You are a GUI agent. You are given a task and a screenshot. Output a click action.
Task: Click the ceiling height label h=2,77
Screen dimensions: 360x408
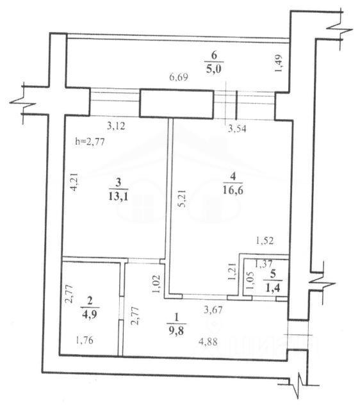pyautogui.click(x=90, y=142)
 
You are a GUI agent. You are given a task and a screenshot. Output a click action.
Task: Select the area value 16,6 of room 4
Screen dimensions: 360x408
pyautogui.click(x=233, y=190)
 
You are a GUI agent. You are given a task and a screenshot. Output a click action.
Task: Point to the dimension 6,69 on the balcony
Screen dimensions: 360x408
pyautogui.click(x=179, y=78)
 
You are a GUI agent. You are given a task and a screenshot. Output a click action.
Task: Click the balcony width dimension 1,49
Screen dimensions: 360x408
pyautogui.click(x=278, y=63)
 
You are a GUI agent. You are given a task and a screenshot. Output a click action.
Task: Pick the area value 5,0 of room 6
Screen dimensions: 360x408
pyautogui.click(x=214, y=70)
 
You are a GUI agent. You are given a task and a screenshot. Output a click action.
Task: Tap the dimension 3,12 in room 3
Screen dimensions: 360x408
pyautogui.click(x=117, y=126)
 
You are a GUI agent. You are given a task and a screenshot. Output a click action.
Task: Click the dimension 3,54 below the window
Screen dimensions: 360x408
pyautogui.click(x=237, y=129)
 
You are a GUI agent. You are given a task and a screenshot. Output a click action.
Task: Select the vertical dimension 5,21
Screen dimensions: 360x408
pyautogui.click(x=183, y=199)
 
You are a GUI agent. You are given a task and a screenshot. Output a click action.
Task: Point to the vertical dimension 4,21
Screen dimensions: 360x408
pyautogui.click(x=74, y=182)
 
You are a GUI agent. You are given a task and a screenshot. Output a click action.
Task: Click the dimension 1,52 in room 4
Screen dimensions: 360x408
pyautogui.click(x=265, y=241)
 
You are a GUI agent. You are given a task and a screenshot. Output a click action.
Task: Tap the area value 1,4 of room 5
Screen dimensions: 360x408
pyautogui.click(x=272, y=288)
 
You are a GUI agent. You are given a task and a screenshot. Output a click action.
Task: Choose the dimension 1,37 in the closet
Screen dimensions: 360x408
pyautogui.click(x=263, y=264)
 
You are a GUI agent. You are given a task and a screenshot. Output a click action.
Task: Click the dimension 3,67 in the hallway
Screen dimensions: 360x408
pyautogui.click(x=213, y=310)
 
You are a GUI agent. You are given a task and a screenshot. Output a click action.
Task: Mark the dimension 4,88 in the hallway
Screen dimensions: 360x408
pyautogui.click(x=208, y=341)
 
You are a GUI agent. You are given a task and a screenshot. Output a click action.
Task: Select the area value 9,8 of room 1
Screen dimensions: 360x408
pyautogui.click(x=176, y=331)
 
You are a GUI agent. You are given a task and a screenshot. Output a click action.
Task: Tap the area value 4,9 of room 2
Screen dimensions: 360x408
pyautogui.click(x=90, y=314)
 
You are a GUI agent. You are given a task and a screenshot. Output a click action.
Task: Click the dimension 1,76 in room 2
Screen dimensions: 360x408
pyautogui.click(x=85, y=340)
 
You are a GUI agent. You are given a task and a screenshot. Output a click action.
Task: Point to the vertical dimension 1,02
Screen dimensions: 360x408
pyautogui.click(x=156, y=284)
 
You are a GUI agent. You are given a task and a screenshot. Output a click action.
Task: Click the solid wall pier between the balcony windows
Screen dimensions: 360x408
pyautogui.click(x=177, y=104)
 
